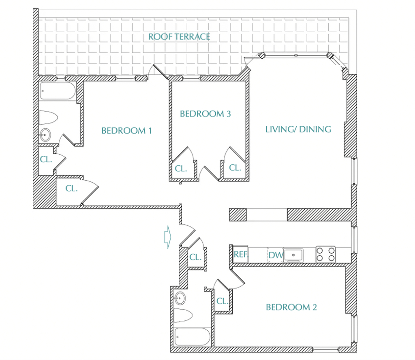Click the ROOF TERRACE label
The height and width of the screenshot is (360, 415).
pyautogui.click(x=179, y=36)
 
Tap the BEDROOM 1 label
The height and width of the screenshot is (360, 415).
pyautogui.click(x=127, y=130)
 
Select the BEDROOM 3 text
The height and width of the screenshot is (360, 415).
pyautogui.click(x=205, y=114)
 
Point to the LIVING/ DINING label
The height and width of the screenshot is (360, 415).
pyautogui.click(x=298, y=129)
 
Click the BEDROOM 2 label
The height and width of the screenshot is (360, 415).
pyautogui.click(x=291, y=307)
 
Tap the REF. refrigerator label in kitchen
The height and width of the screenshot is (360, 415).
pyautogui.click(x=241, y=254)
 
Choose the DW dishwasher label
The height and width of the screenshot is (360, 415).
pyautogui.click(x=276, y=255)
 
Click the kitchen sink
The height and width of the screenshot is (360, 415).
pyautogui.click(x=293, y=255)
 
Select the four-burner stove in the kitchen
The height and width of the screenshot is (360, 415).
pyautogui.click(x=325, y=254)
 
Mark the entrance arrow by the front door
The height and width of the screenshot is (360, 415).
pyautogui.click(x=168, y=237)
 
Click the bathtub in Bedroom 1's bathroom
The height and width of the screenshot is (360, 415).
pyautogui.click(x=58, y=91)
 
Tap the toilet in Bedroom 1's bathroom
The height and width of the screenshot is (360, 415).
pyautogui.click(x=48, y=117)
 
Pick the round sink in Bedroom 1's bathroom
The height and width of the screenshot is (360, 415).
pyautogui.click(x=45, y=135)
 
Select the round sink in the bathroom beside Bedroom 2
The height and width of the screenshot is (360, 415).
pyautogui.click(x=180, y=298)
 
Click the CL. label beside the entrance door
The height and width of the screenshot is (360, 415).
pyautogui.click(x=195, y=257)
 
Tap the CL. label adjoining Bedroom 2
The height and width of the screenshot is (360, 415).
pyautogui.click(x=222, y=301)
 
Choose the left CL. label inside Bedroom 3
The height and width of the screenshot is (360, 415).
pyautogui.click(x=181, y=168)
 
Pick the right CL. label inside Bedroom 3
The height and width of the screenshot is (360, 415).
pyautogui.click(x=235, y=167)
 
